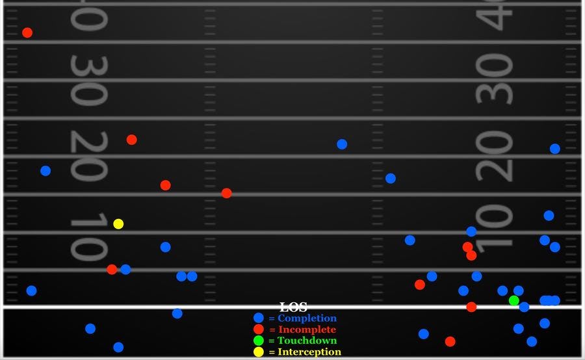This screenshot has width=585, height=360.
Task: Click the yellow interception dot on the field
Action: [118, 224]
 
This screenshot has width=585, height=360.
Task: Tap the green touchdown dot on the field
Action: [514, 300]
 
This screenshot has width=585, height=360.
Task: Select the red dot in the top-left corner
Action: [27, 32]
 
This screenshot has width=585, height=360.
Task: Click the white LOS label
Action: [293, 307]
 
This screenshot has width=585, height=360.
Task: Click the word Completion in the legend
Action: [307, 318]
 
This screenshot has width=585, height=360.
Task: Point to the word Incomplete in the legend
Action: [307, 329]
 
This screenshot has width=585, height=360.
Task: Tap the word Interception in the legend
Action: [309, 352]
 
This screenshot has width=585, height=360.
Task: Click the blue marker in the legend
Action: [259, 318]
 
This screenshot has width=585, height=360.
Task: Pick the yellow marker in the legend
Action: [259, 352]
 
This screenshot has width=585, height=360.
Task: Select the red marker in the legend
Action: [259, 329]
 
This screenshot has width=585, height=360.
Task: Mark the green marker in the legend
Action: [259, 341]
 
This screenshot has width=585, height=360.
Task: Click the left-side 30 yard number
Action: [88, 81]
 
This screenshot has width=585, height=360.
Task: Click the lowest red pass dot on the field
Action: [450, 341]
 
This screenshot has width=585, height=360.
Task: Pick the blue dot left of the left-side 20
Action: [45, 171]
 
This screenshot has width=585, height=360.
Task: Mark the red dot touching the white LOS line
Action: [471, 307]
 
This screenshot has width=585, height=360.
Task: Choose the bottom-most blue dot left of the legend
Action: [118, 347]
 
